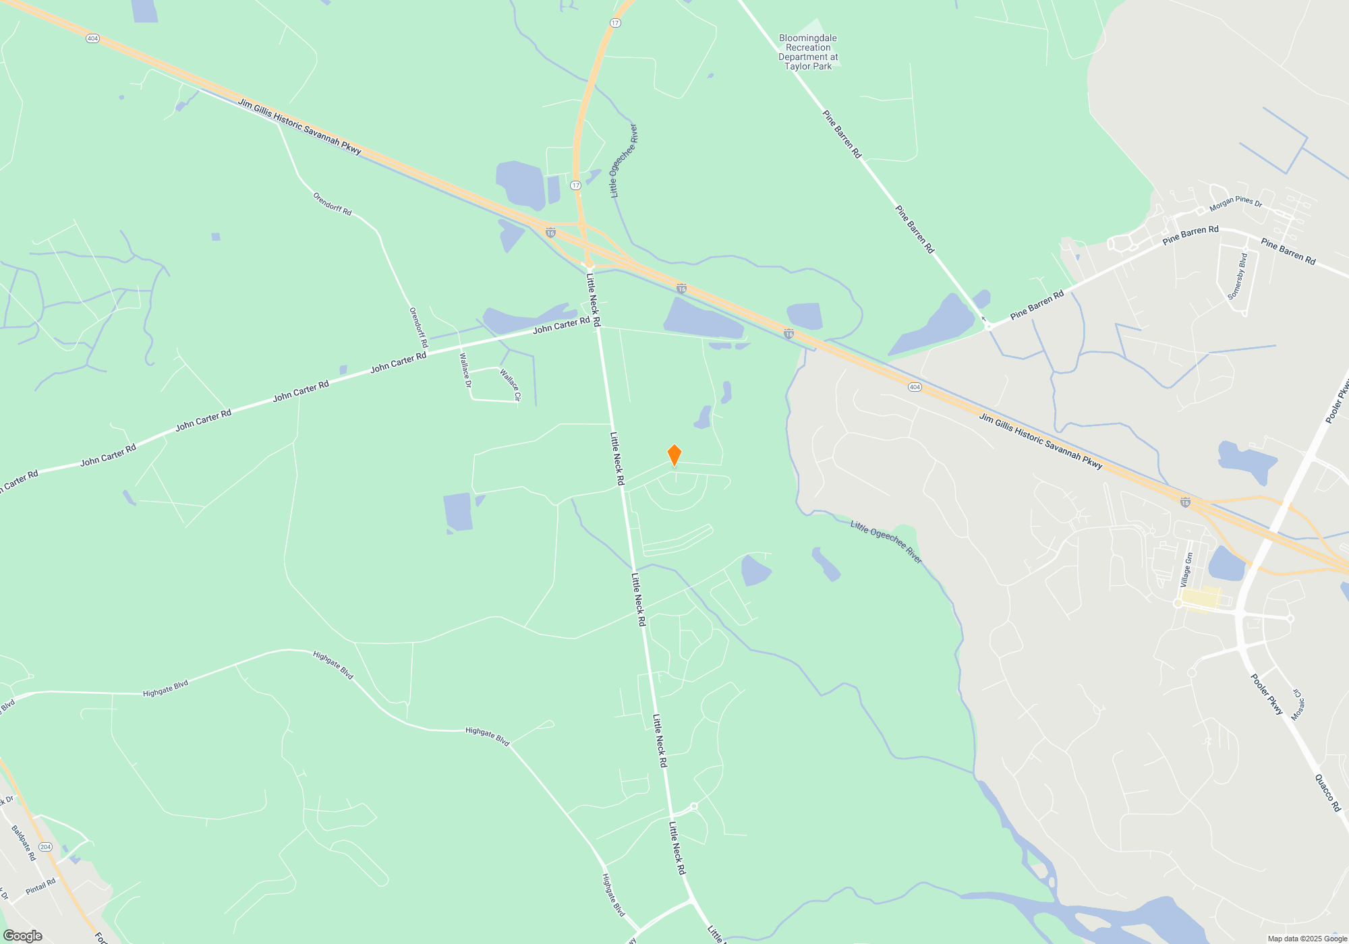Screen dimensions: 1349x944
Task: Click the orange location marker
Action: (674, 455)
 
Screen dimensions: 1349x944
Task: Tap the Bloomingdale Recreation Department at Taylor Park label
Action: (808, 53)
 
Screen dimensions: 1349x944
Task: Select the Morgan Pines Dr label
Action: (1236, 203)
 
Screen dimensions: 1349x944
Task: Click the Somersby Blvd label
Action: (1238, 276)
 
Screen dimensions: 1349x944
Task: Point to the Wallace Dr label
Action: (465, 370)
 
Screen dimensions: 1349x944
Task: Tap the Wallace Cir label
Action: (511, 385)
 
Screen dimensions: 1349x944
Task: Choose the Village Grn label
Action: (1186, 570)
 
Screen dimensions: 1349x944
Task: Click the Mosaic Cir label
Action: (1298, 705)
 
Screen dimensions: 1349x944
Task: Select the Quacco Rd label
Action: (1327, 792)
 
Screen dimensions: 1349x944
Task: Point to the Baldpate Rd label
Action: (24, 843)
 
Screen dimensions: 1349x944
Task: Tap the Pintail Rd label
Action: (40, 887)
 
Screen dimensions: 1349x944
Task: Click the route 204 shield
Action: (45, 847)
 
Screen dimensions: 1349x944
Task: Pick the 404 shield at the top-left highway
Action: (92, 38)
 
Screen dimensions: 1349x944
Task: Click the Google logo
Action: (23, 936)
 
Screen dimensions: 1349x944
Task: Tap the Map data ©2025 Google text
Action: (1307, 939)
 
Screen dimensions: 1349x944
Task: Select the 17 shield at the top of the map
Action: (614, 23)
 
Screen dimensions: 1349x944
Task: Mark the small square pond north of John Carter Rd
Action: (216, 237)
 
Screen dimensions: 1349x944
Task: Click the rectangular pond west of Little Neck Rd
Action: (457, 511)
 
